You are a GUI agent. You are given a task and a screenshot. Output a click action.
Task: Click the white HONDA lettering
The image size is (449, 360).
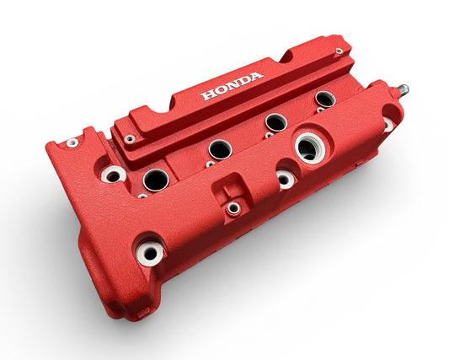[232, 85]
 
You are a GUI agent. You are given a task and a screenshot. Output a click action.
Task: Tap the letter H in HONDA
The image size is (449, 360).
[206, 94]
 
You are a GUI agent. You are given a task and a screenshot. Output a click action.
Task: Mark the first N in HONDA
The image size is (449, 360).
[232, 85]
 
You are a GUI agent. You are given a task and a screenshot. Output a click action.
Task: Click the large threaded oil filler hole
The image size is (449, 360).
[307, 148]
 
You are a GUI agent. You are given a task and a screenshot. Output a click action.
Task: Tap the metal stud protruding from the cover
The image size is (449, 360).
[404, 89]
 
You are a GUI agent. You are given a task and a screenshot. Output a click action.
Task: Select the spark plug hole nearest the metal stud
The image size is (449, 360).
[325, 99]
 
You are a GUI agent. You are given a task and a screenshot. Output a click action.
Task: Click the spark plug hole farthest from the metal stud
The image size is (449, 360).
[156, 180]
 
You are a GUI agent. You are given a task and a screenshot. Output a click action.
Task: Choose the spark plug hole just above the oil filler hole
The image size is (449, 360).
[275, 122]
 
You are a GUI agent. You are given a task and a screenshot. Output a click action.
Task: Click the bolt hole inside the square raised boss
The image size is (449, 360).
[233, 207]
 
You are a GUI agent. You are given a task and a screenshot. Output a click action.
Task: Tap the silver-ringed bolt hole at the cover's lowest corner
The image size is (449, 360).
[151, 251]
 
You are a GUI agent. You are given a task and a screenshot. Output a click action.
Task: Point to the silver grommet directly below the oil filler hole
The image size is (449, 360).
[286, 179]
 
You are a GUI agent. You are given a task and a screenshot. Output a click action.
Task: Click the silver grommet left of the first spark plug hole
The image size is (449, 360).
[113, 175]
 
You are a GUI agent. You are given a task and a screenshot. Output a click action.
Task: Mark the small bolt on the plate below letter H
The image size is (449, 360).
[130, 139]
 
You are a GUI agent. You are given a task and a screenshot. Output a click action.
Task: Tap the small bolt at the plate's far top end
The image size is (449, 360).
[339, 51]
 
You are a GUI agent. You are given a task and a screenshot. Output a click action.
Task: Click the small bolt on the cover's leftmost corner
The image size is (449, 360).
[72, 142]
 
